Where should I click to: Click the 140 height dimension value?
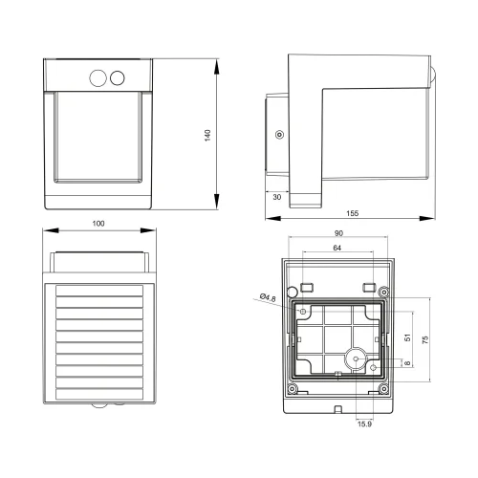click(x=207, y=135)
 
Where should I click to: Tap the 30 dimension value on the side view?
click(x=277, y=196)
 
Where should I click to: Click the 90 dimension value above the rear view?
click(x=339, y=233)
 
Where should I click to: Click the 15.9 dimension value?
click(x=364, y=424)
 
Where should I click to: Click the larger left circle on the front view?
click(x=98, y=77)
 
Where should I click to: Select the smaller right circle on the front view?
click(x=119, y=77)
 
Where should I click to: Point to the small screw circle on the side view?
click(x=278, y=135)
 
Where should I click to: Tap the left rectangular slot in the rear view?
click(x=307, y=287)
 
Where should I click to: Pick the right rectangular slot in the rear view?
click(x=367, y=287)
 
